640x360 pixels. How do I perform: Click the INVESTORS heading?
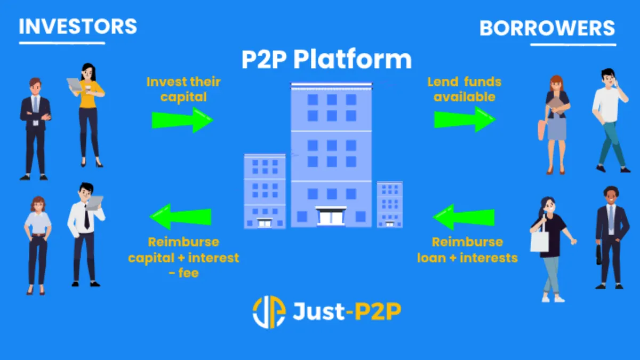(78, 26)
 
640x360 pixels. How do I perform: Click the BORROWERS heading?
(547, 28)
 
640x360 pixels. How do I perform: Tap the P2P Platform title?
(326, 59)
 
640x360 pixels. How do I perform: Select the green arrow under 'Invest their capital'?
(182, 120)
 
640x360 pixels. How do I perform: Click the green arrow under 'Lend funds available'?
(465, 119)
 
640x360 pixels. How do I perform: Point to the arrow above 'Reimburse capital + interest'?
(180, 217)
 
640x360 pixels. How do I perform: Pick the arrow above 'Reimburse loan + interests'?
(463, 217)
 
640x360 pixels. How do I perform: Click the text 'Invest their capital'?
(183, 90)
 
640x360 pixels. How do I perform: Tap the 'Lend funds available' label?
(465, 90)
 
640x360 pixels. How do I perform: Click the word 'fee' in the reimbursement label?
(188, 273)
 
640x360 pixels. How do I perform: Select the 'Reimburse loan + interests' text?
(467, 250)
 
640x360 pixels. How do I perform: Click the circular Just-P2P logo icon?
(269, 311)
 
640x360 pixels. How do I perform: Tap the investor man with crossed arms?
(35, 129)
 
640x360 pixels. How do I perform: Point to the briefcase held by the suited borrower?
(599, 254)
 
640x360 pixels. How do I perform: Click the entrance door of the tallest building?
(331, 217)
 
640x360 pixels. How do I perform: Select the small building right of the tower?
(390, 205)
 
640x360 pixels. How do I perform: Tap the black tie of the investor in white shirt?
(86, 217)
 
